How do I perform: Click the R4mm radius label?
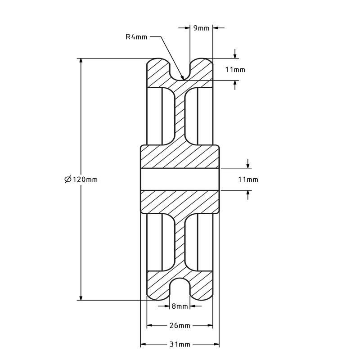tap(136, 37)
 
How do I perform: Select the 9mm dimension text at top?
tap(201, 28)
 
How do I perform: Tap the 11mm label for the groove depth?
tap(235, 69)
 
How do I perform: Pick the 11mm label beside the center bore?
tap(248, 180)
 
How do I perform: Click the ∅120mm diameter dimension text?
tap(81, 179)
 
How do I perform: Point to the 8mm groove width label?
tap(180, 306)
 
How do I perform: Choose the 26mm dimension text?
tap(180, 325)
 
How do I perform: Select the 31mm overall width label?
tap(180, 345)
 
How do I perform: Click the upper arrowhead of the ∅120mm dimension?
tap(81, 61)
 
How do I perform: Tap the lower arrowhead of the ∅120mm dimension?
tap(81, 297)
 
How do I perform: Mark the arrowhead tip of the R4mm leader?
tap(183, 78)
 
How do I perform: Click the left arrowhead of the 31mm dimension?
tap(143, 345)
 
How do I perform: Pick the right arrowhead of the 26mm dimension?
tap(210, 325)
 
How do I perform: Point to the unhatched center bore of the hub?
tap(180, 180)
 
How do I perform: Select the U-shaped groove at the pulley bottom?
tap(180, 290)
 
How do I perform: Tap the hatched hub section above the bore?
tap(180, 157)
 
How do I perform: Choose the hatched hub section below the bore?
tap(180, 202)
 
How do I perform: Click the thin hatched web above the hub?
tap(180, 115)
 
